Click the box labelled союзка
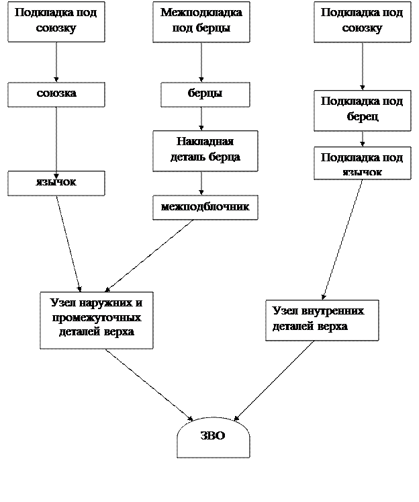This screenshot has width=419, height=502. tap(56, 94)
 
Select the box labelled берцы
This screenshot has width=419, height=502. tap(205, 94)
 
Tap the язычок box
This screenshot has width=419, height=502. tap(56, 183)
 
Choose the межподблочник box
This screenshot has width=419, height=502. tap(205, 207)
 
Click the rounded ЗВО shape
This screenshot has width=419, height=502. tap(213, 437)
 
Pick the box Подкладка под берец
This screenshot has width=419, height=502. tap(362, 110)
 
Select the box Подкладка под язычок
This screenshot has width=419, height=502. tap(362, 163)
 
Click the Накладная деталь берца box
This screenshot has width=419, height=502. tap(205, 150)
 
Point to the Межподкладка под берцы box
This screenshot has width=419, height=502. tap(201, 22)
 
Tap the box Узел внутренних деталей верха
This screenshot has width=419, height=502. tap(322, 320)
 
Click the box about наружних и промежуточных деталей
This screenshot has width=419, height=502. tap(96, 320)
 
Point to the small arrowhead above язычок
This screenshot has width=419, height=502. tap(56, 176)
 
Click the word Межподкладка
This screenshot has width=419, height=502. tap(201, 13)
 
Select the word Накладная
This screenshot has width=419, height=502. tap(205, 142)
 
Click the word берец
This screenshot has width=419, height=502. tap(363, 117)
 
